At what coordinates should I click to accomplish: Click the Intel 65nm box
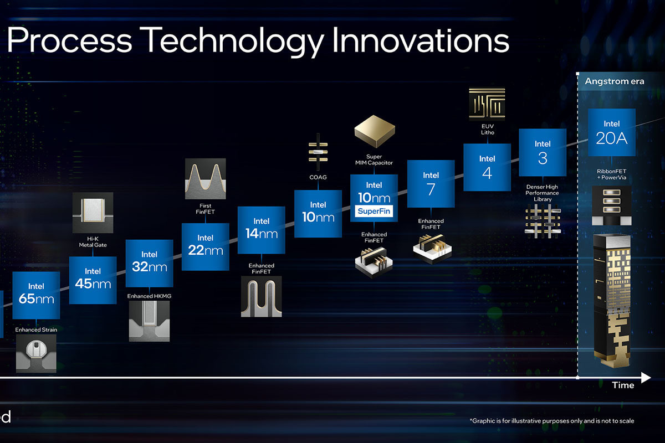coord(36,295)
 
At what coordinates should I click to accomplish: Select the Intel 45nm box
coord(93,280)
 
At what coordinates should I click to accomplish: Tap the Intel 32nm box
coord(149,263)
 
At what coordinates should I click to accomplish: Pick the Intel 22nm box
coord(206,247)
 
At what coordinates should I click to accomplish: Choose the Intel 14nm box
coord(262,230)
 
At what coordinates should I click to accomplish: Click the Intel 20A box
coord(612,132)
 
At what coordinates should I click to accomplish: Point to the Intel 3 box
coord(543,152)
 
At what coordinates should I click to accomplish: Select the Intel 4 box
coord(487,167)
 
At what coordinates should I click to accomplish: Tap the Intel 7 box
coord(431,184)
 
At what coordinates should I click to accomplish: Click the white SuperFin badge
coord(374,211)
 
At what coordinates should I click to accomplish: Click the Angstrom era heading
coord(615,81)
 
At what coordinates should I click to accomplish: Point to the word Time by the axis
coord(623,385)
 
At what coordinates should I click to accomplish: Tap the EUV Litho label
coord(488,130)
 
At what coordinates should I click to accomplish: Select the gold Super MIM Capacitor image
coord(375,131)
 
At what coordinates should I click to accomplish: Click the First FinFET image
coord(206,179)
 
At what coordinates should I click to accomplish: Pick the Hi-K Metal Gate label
coord(93,242)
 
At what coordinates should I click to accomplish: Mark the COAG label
coord(318,177)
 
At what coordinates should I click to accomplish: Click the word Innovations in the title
coord(421,40)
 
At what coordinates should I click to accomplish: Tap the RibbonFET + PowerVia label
coord(612,174)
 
